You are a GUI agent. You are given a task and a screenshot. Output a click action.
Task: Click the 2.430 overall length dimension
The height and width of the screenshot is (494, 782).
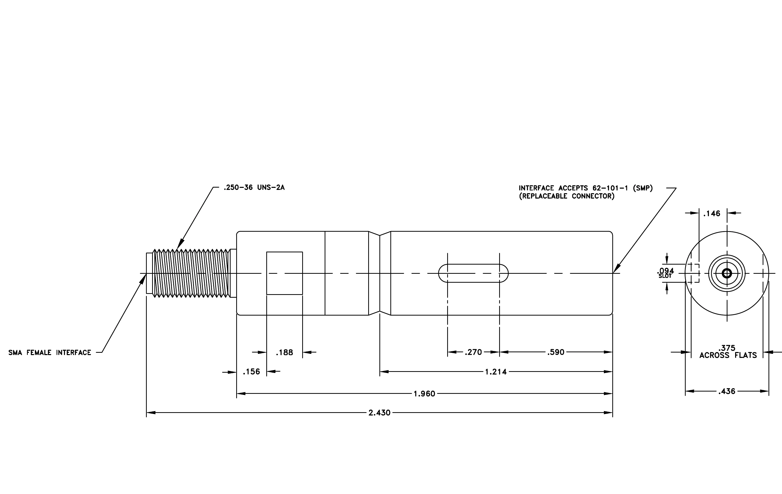click(x=379, y=412)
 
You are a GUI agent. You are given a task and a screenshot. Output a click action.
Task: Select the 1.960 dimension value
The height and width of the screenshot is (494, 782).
click(x=424, y=394)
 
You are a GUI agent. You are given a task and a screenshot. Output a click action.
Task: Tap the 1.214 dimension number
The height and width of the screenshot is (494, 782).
click(x=496, y=372)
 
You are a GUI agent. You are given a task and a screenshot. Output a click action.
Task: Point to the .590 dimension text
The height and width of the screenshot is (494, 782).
click(x=556, y=352)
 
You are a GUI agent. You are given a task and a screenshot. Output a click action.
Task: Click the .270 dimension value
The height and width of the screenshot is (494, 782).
click(x=473, y=352)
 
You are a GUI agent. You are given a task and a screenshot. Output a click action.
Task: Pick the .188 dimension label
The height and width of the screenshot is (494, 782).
click(x=284, y=352)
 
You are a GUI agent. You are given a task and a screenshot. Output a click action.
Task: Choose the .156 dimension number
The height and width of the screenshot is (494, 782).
click(x=251, y=372)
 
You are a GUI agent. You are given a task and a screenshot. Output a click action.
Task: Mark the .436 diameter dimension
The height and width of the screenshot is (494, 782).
click(x=727, y=391)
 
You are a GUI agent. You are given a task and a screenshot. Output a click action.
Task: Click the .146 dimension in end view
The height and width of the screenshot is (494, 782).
click(x=711, y=213)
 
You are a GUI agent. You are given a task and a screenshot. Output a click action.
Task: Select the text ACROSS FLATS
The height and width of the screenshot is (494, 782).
click(x=728, y=355)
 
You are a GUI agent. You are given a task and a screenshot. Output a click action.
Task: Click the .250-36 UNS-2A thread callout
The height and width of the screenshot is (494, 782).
click(x=254, y=187)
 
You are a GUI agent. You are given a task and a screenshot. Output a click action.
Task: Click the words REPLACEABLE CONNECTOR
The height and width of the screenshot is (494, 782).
click(x=567, y=196)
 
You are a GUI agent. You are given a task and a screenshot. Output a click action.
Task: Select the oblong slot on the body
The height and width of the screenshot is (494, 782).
click(x=473, y=273)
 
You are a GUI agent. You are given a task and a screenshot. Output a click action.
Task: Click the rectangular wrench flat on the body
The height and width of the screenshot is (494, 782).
click(x=284, y=273)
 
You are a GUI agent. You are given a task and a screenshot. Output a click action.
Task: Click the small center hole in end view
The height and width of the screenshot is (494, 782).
click(x=727, y=273)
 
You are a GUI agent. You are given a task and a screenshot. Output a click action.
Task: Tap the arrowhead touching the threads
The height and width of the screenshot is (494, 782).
click(x=180, y=244)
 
